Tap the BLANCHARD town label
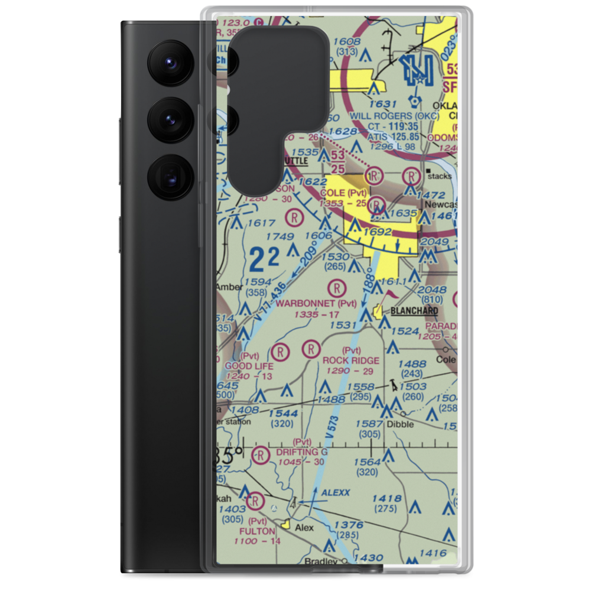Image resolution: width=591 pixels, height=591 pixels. [x=413, y=311]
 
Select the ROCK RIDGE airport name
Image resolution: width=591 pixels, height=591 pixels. [x=351, y=360]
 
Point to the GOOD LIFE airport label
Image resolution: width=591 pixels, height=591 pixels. [x=249, y=366]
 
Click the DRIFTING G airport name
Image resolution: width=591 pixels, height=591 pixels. [x=302, y=452]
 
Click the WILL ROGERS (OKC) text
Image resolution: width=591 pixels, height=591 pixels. [x=395, y=116]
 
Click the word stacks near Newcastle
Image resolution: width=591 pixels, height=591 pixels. [x=441, y=176]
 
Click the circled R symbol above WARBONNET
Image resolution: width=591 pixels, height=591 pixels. [x=336, y=288]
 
